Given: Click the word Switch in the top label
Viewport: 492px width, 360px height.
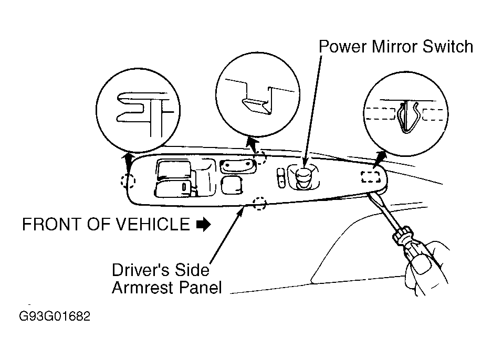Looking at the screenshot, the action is [x=448, y=47].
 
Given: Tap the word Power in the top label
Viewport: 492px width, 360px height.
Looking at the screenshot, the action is [x=343, y=47].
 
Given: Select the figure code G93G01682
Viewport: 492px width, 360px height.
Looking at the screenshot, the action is [x=55, y=316].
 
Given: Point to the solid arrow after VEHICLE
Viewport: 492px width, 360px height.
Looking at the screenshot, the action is [x=204, y=224].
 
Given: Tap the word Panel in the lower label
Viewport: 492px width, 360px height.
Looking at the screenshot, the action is [x=200, y=288].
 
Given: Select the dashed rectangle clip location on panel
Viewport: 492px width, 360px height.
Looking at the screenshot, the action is [x=371, y=176].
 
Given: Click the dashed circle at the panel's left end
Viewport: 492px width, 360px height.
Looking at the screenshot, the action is [x=128, y=181].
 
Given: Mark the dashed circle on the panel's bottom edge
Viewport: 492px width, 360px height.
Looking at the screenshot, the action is [x=259, y=204].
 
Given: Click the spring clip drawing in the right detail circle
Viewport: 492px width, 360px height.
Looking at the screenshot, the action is [x=406, y=117].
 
